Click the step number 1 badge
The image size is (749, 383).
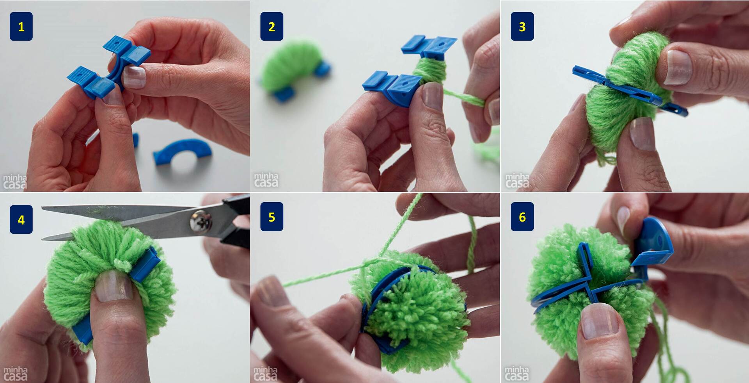21,27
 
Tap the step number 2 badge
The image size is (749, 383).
272,27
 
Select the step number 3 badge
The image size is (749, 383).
522,27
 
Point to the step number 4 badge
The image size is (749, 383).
21,220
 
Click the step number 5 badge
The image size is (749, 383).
272,217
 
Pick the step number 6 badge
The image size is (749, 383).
522,217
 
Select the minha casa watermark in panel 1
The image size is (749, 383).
15,182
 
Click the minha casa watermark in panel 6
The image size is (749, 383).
516,373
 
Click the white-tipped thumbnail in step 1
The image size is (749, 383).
135,77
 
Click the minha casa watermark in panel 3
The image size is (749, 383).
516,181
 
